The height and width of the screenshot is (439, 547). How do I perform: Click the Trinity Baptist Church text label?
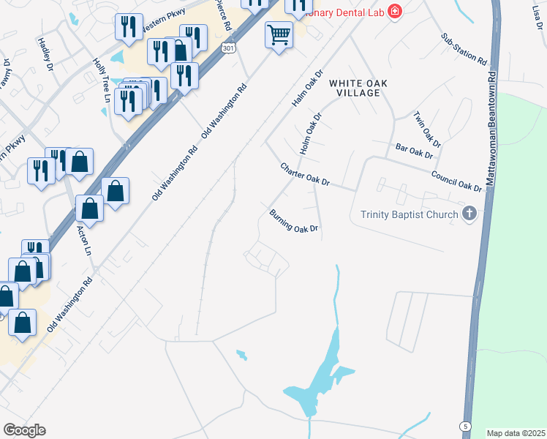click(x=410, y=214)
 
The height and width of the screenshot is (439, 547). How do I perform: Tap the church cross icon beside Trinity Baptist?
click(x=469, y=214)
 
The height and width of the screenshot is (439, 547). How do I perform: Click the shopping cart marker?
click(x=279, y=34)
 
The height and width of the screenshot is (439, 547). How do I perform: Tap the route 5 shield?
click(x=465, y=426)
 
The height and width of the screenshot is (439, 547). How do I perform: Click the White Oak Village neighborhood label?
click(x=354, y=88)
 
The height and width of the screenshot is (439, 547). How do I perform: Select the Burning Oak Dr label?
click(x=294, y=220)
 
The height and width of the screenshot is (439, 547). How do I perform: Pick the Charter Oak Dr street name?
click(x=306, y=174)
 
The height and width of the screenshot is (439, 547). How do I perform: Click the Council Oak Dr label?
click(x=456, y=181)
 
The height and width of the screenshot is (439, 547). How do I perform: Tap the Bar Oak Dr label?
click(x=414, y=151)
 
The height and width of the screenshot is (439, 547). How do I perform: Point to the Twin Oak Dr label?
click(x=428, y=128)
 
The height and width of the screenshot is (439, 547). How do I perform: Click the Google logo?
click(x=24, y=430)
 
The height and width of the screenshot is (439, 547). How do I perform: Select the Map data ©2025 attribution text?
click(x=515, y=433)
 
